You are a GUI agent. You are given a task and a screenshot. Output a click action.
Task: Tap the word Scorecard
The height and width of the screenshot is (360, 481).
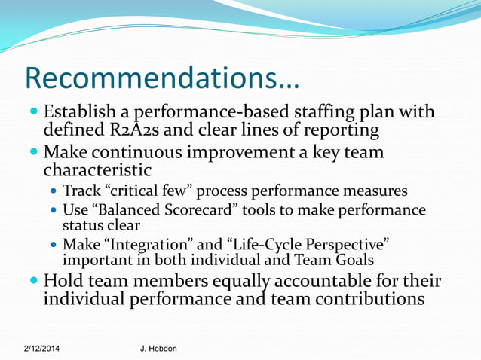(x=180, y=210)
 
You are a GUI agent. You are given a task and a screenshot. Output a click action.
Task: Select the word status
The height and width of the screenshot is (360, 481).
(x=81, y=225)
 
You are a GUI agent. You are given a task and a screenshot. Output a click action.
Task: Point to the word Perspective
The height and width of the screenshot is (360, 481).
(x=348, y=245)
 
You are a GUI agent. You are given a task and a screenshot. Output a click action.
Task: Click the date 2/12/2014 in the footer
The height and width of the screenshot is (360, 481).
(x=43, y=349)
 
